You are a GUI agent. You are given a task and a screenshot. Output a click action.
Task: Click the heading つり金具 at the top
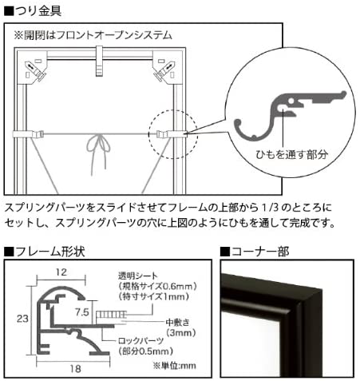(x=36, y=10)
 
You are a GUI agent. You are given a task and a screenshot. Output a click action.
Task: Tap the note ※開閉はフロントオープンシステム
(x=93, y=36)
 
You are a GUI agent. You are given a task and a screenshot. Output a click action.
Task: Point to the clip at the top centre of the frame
(x=103, y=56)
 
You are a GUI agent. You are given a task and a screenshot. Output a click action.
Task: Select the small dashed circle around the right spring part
(x=170, y=133)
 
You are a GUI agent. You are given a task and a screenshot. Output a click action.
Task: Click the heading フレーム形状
(x=48, y=252)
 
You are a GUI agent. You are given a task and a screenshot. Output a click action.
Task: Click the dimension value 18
(x=70, y=368)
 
